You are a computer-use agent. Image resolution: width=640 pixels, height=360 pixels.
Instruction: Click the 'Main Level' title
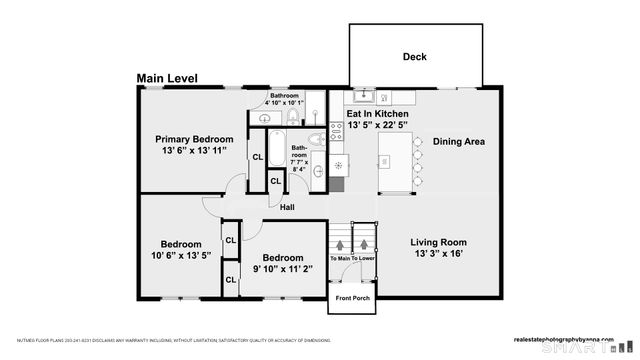pyautogui.click(x=167, y=78)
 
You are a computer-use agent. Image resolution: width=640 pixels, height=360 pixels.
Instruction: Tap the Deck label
pyautogui.click(x=414, y=57)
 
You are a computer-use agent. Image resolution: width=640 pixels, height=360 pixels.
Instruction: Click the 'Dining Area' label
pyautogui.click(x=458, y=142)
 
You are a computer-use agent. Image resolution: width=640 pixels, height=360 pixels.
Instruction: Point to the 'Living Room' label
pyautogui.click(x=439, y=242)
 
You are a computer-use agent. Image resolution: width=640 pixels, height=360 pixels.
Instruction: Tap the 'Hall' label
pyautogui.click(x=287, y=207)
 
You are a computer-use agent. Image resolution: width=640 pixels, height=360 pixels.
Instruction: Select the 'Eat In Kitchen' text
pyautogui.click(x=378, y=114)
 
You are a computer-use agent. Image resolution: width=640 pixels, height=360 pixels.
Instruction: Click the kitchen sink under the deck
pyautogui.click(x=362, y=97)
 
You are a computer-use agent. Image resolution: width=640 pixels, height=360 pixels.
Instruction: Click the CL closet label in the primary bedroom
pyautogui.click(x=257, y=157)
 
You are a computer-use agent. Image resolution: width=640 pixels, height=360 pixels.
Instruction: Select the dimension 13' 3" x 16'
pyautogui.click(x=439, y=255)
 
